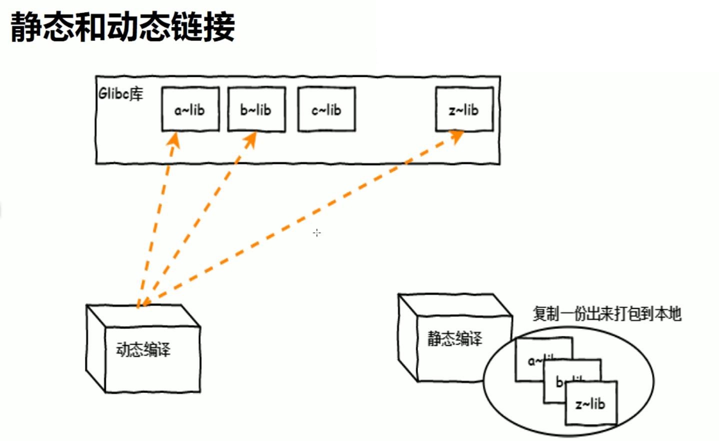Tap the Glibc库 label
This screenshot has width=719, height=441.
point(120,93)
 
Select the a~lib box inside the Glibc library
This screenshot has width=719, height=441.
point(190,109)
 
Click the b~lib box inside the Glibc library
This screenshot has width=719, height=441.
point(256,109)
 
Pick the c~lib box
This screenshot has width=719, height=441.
point(326,109)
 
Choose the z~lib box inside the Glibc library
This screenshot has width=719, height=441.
point(464,109)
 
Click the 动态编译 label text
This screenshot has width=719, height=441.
point(143,349)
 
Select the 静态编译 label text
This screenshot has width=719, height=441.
point(454,338)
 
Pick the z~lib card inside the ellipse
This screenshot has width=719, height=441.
point(590,403)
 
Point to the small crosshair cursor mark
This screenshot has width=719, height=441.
point(317,232)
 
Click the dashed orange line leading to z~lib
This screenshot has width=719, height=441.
point(300,220)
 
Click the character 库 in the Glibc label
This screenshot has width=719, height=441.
point(135,93)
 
